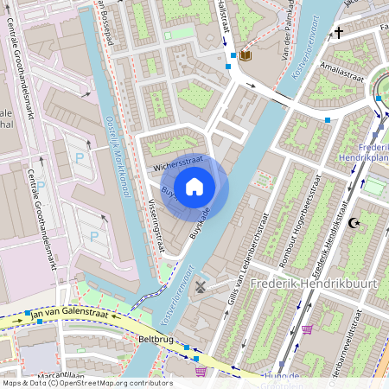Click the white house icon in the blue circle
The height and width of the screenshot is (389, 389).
click(x=194, y=186)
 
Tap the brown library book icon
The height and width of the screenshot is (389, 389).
click(x=246, y=56)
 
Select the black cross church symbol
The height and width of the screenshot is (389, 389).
click(x=339, y=34)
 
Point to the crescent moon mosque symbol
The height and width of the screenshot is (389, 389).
click(x=352, y=223)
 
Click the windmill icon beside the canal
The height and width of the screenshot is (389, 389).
click(x=201, y=286)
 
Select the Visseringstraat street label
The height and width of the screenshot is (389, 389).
click(x=156, y=227)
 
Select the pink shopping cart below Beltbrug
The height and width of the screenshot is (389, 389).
click(x=201, y=372)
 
